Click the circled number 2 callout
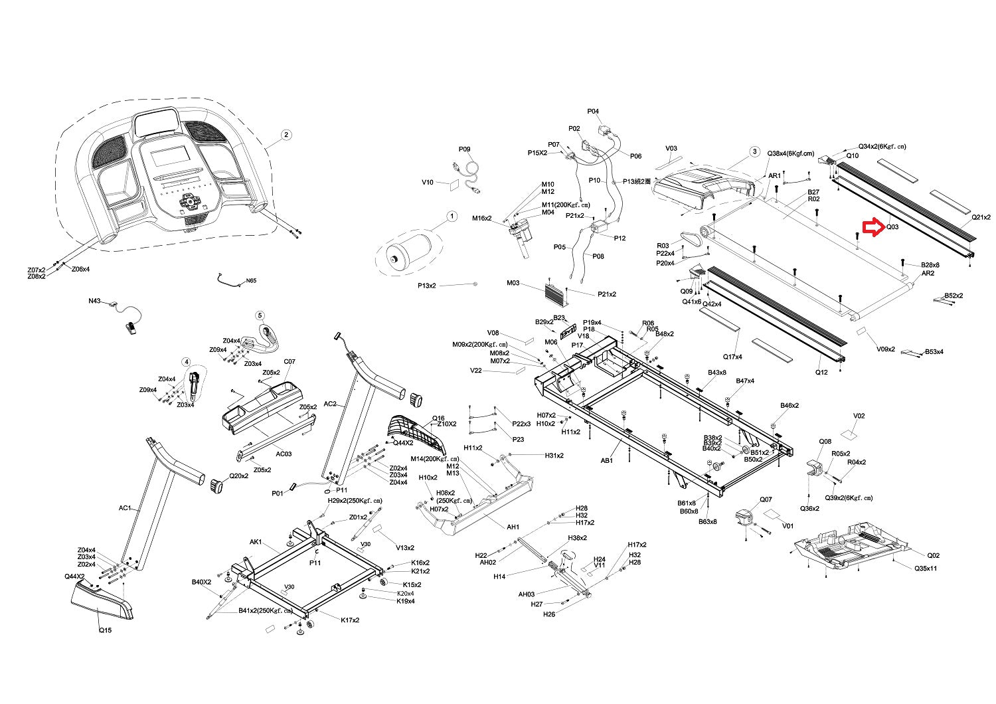286,135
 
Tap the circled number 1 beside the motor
452,216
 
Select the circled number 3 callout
754,151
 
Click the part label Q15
105,630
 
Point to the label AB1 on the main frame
607,460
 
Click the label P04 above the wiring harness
593,112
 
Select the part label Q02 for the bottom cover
934,555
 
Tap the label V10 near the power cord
428,182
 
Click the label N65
250,281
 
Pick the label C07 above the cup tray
290,362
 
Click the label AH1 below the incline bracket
513,527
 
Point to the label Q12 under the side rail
821,372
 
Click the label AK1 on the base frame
256,542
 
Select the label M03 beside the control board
513,283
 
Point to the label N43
95,301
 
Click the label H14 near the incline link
499,576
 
